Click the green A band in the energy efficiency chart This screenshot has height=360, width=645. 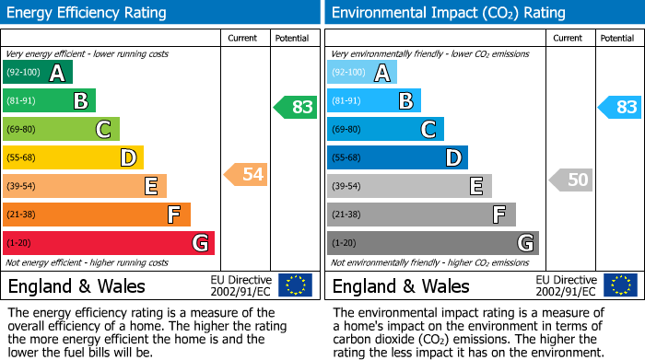(37, 73)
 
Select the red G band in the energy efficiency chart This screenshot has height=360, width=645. (109, 243)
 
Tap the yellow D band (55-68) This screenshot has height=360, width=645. (73, 158)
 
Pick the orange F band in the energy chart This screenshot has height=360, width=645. (97, 215)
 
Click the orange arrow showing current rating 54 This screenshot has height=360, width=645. (246, 174)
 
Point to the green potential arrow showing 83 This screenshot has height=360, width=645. (296, 107)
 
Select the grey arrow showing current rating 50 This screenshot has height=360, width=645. (570, 180)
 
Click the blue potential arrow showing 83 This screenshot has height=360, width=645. (620, 107)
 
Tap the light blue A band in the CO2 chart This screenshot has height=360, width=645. (362, 73)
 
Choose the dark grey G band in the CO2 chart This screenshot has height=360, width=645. (432, 243)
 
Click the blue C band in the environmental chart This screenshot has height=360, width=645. (385, 129)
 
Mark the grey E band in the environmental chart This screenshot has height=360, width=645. (409, 186)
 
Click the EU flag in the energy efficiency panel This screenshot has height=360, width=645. (295, 285)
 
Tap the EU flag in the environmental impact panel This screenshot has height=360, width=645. (619, 285)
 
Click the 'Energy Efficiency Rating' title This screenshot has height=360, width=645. (87, 13)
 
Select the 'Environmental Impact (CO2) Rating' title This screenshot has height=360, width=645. (448, 13)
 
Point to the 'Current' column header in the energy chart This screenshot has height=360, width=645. (243, 38)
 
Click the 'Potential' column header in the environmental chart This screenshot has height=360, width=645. (616, 38)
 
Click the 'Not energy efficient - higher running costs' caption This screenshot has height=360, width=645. (88, 262)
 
